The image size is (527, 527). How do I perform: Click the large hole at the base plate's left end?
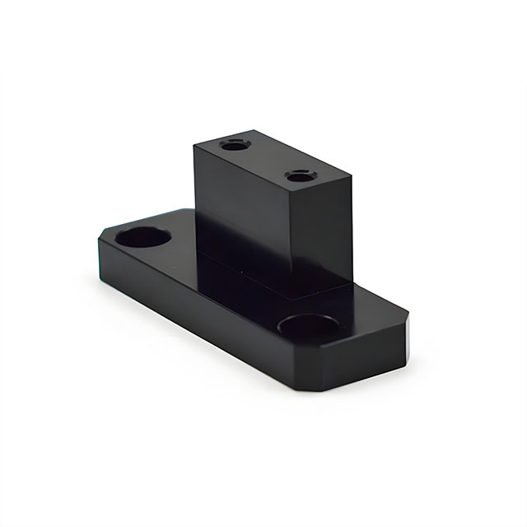coord(143,237)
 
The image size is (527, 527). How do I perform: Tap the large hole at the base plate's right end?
coord(308,327)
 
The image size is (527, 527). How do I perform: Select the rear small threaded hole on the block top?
coord(236,145)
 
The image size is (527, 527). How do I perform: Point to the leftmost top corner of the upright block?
coord(195,147)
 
